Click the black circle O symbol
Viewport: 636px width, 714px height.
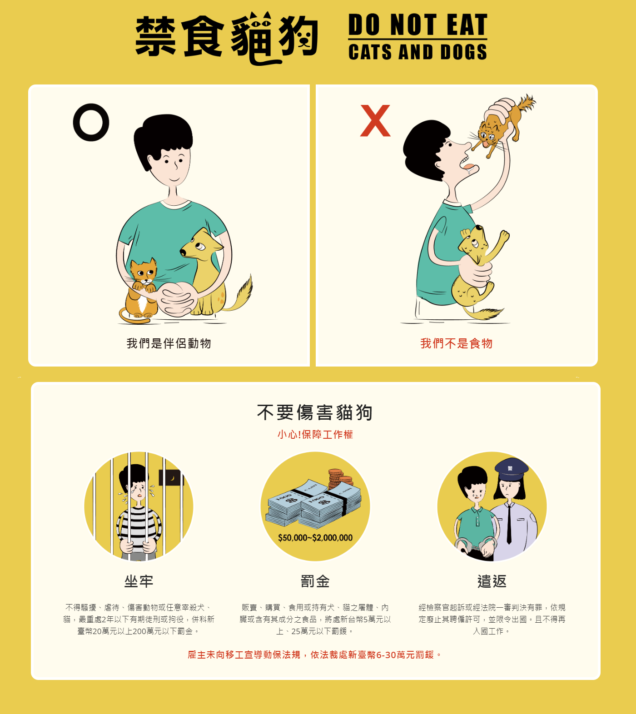[x=91, y=122]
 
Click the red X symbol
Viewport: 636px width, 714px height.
[x=375, y=121]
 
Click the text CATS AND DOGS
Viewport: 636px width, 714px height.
[x=417, y=52]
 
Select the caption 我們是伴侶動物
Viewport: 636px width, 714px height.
[x=169, y=343]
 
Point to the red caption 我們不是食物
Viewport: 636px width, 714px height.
[x=456, y=343]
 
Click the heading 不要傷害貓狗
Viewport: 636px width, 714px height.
[x=315, y=412]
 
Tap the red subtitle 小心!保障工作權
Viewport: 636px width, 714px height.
[x=315, y=435]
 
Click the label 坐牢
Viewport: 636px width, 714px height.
[x=139, y=581]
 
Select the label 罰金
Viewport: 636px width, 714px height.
[x=315, y=581]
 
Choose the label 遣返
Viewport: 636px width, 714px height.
[x=492, y=581]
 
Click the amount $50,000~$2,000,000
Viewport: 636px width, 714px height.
[x=315, y=538]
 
